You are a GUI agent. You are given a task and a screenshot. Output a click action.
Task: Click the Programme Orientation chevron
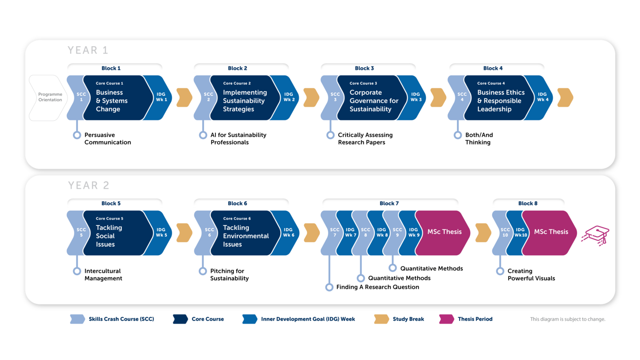[x=48, y=97]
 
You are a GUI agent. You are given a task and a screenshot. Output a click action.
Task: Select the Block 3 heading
[x=365, y=68]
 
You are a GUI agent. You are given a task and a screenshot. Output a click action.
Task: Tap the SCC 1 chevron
[x=78, y=97]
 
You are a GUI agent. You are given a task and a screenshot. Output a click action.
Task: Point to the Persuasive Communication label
[x=107, y=138]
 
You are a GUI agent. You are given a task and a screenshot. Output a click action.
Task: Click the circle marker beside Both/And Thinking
[x=458, y=135]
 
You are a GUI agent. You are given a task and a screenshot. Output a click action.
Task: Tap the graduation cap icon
[x=596, y=235]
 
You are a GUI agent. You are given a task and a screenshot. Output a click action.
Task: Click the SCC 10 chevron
[x=502, y=233]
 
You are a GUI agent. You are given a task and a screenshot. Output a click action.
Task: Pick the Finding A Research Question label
[x=378, y=287]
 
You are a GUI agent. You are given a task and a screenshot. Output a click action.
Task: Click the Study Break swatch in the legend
[x=381, y=319]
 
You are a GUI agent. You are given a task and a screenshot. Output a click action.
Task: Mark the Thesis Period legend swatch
[x=447, y=319]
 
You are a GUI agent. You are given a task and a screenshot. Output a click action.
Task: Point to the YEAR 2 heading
[x=89, y=185]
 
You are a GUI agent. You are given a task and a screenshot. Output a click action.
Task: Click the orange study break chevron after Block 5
[x=184, y=233]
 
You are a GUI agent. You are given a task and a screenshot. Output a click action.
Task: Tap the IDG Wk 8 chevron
[x=378, y=233]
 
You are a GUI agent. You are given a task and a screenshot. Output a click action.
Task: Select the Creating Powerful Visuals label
[x=531, y=275]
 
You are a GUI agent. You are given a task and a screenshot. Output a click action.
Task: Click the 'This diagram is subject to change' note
[x=568, y=319]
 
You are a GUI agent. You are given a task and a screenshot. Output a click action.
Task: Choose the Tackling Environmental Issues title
[x=246, y=236]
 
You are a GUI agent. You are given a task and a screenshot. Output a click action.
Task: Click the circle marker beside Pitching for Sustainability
[x=203, y=271]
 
